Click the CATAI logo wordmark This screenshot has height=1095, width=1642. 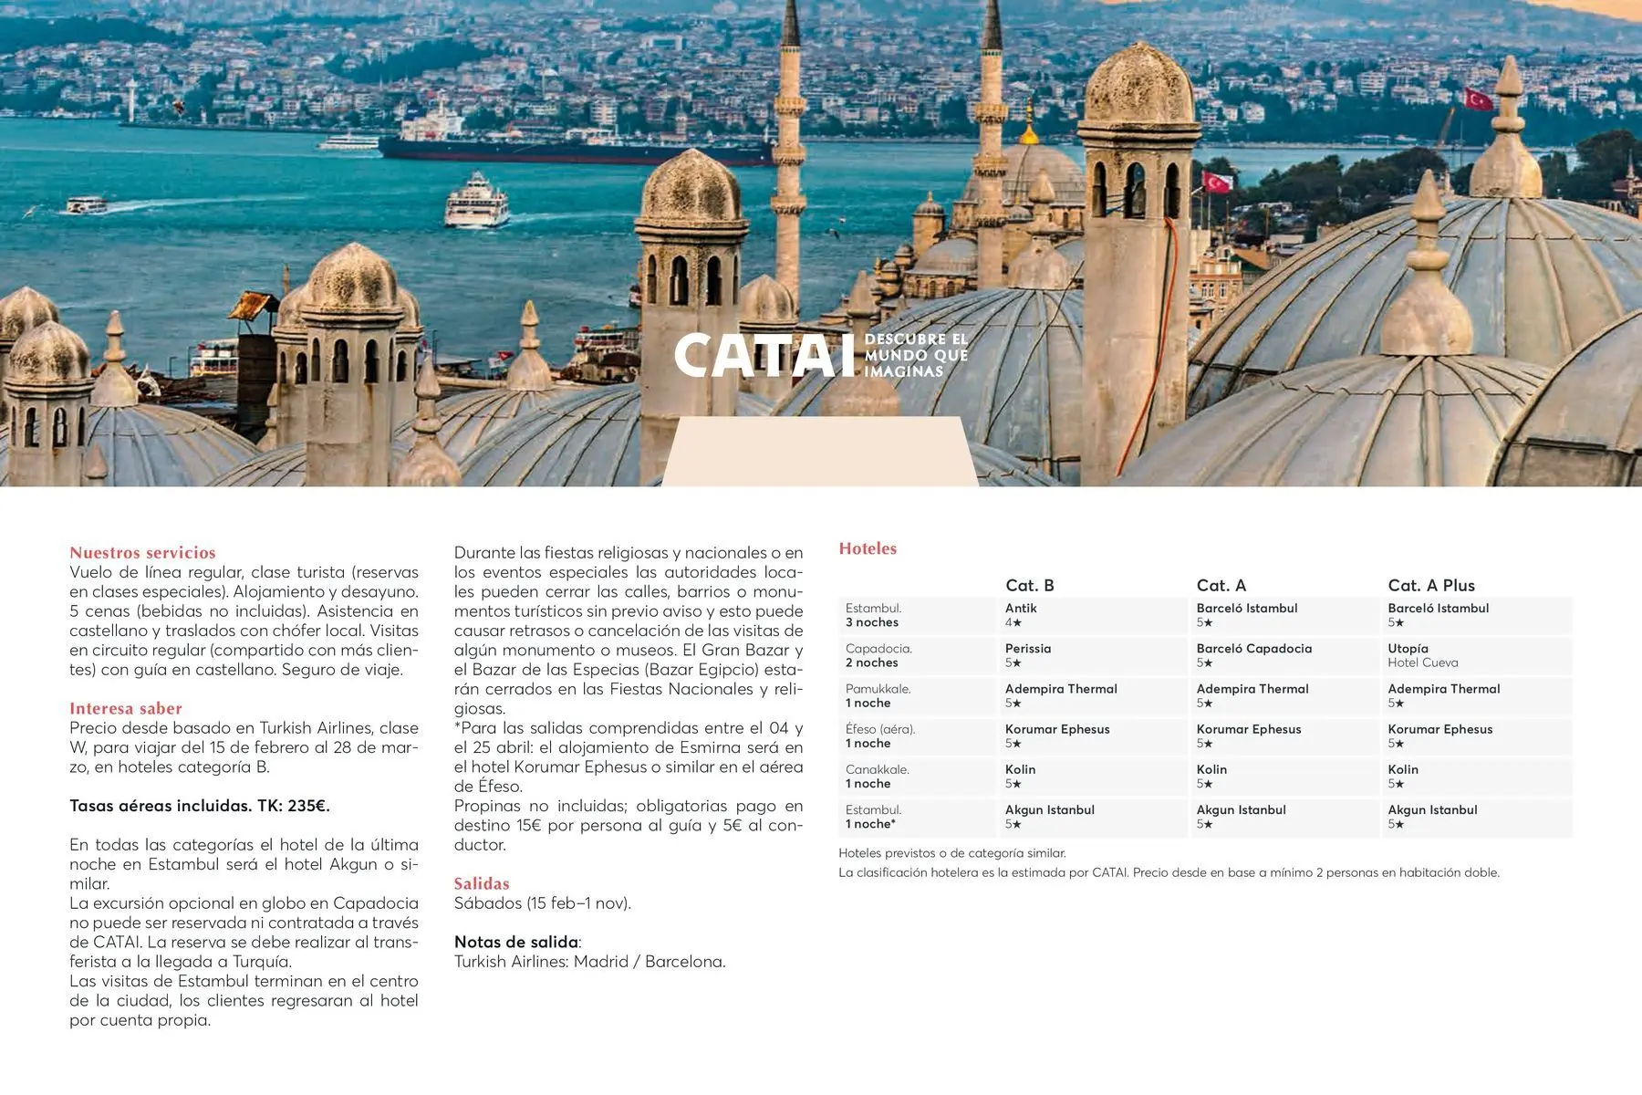pyautogui.click(x=757, y=355)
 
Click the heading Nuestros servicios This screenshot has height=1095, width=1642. pyautogui.click(x=142, y=552)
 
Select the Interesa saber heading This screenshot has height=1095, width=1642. pyautogui.click(x=126, y=708)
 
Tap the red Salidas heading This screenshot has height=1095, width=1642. pyautogui.click(x=482, y=883)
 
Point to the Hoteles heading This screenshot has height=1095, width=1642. pyautogui.click(x=868, y=548)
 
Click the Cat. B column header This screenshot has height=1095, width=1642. pyautogui.click(x=1029, y=585)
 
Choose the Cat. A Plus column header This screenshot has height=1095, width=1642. pyautogui.click(x=1430, y=585)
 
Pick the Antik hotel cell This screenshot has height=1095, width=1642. pyautogui.click(x=1021, y=615)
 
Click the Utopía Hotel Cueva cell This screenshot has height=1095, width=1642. pyautogui.click(x=1422, y=655)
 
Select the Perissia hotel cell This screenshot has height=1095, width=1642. pyautogui.click(x=1028, y=655)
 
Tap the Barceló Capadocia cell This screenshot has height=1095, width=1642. pyautogui.click(x=1253, y=655)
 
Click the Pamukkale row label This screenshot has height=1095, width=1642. pyautogui.click(x=878, y=695)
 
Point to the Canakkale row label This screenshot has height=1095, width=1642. pyautogui.click(x=877, y=776)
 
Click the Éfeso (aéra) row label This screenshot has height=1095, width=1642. pyautogui.click(x=879, y=735)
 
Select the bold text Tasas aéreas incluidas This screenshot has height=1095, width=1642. pyautogui.click(x=199, y=806)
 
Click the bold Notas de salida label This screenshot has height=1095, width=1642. pyautogui.click(x=516, y=942)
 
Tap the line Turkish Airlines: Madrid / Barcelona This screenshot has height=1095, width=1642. pyautogui.click(x=589, y=962)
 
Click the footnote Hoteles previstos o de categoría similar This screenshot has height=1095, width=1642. pyautogui.click(x=951, y=853)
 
